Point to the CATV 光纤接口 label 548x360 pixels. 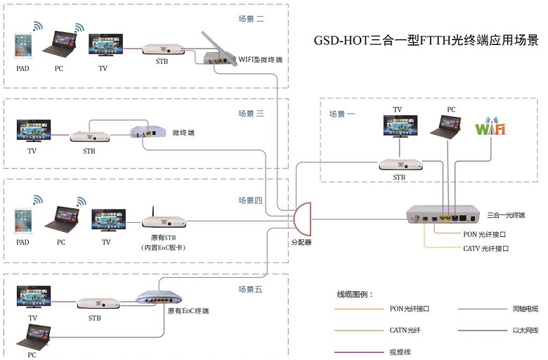pos(485,248)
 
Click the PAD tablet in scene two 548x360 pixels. pos(24,46)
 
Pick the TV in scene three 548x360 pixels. pos(33,131)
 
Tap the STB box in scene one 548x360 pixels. pos(400,165)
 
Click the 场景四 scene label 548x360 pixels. pos(250,201)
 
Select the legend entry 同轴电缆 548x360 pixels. pos(523,308)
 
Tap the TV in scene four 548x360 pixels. pos(108,220)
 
